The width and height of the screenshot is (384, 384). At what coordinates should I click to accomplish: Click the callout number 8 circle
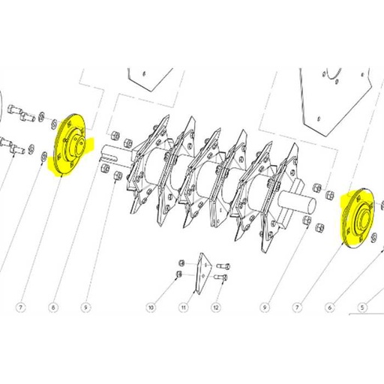[x=52, y=307]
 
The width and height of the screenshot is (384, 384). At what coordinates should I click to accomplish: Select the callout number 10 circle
[x=150, y=307]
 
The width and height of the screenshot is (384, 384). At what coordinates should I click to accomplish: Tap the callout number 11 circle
[x=182, y=307]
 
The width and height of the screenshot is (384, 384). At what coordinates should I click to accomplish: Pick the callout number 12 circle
[x=215, y=307]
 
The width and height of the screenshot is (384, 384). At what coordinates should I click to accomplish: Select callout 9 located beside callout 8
[x=85, y=307]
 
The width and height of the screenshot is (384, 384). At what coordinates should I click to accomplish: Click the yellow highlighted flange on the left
[x=70, y=147]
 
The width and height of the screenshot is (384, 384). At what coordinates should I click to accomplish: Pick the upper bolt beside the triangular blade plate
[x=223, y=266]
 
